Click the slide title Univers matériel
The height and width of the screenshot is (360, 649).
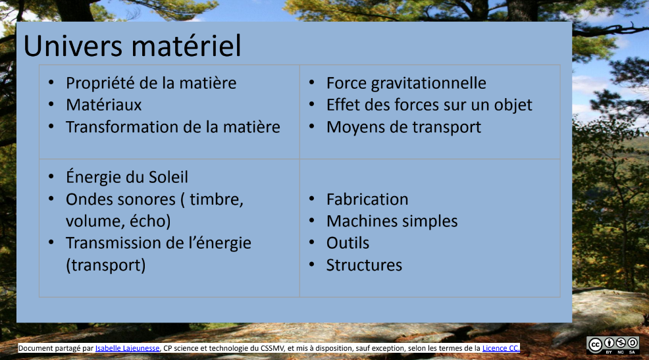coord(132,45)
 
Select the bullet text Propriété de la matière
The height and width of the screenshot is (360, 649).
coord(151,84)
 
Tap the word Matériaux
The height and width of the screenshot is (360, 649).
coord(103,105)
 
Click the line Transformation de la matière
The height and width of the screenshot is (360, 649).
coord(172,127)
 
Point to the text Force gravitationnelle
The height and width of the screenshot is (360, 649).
coord(406,84)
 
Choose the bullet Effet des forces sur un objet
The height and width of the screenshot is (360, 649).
coord(429,105)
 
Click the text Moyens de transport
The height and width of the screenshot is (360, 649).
coord(403,127)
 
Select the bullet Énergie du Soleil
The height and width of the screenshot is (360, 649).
coord(126,178)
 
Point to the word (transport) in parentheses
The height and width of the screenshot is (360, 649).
coord(105,265)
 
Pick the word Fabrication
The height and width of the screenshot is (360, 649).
coord(367,199)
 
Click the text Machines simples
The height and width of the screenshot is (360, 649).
coord(392,222)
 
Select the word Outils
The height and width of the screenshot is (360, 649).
coord(348,244)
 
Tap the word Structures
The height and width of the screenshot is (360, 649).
coord(364,265)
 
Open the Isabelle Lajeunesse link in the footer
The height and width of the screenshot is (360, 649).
coord(127,348)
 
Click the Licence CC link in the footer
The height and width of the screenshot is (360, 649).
coord(501,348)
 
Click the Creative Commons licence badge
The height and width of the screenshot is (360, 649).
coord(613,346)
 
